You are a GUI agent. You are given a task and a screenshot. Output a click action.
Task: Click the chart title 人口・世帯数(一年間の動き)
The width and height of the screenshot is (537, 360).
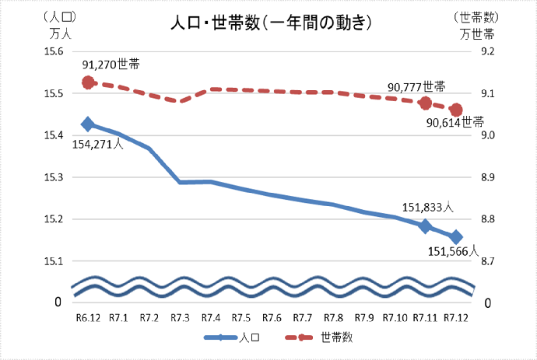269,23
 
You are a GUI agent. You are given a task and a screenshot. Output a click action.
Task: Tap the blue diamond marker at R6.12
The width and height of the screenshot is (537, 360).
88,124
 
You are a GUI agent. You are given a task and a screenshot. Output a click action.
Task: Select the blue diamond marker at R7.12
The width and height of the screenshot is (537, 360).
456,237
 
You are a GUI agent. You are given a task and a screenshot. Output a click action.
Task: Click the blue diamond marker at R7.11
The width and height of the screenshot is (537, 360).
425,226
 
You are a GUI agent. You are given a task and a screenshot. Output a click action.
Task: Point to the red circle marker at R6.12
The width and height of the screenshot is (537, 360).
88,82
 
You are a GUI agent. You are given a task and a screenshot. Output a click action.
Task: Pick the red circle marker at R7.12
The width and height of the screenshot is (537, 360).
456,110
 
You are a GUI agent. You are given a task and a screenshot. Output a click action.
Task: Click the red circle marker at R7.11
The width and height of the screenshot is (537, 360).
425,103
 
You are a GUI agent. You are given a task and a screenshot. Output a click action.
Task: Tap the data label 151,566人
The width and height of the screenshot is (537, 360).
452,252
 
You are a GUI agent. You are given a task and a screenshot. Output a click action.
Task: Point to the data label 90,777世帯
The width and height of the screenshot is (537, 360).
416,86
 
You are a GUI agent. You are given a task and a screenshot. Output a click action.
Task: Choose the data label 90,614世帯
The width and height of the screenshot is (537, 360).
455,122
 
